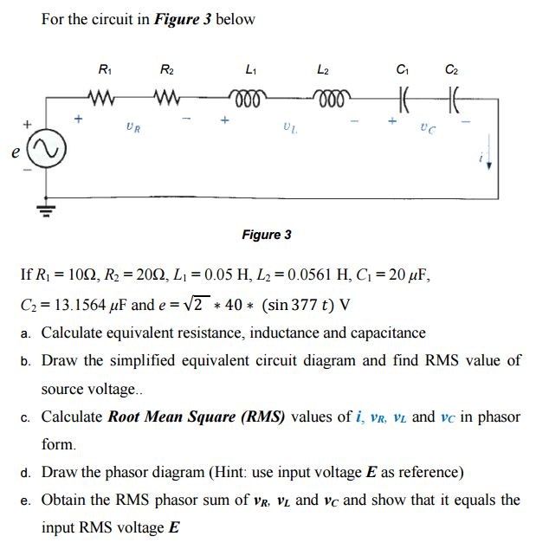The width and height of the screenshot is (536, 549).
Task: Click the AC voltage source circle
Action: [x=39, y=153]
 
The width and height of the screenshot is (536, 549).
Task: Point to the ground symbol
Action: [x=39, y=208]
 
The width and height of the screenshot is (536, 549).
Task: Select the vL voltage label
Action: [x=288, y=130]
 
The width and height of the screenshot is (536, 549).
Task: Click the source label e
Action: [x=15, y=153]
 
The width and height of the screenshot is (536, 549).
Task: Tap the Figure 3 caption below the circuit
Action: [x=267, y=235]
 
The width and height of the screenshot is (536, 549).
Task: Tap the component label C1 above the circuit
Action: [x=402, y=68]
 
